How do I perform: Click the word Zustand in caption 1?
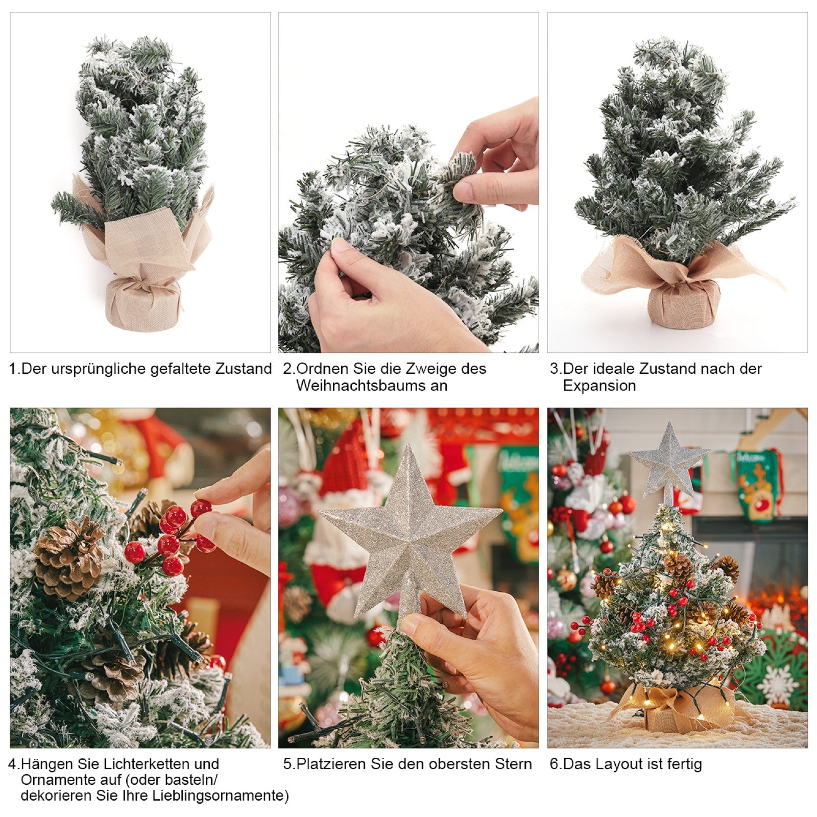[x=244, y=369]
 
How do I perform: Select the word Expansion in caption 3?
[x=599, y=386]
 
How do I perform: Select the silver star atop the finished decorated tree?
[x=668, y=463]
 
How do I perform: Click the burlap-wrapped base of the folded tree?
[x=144, y=304]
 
